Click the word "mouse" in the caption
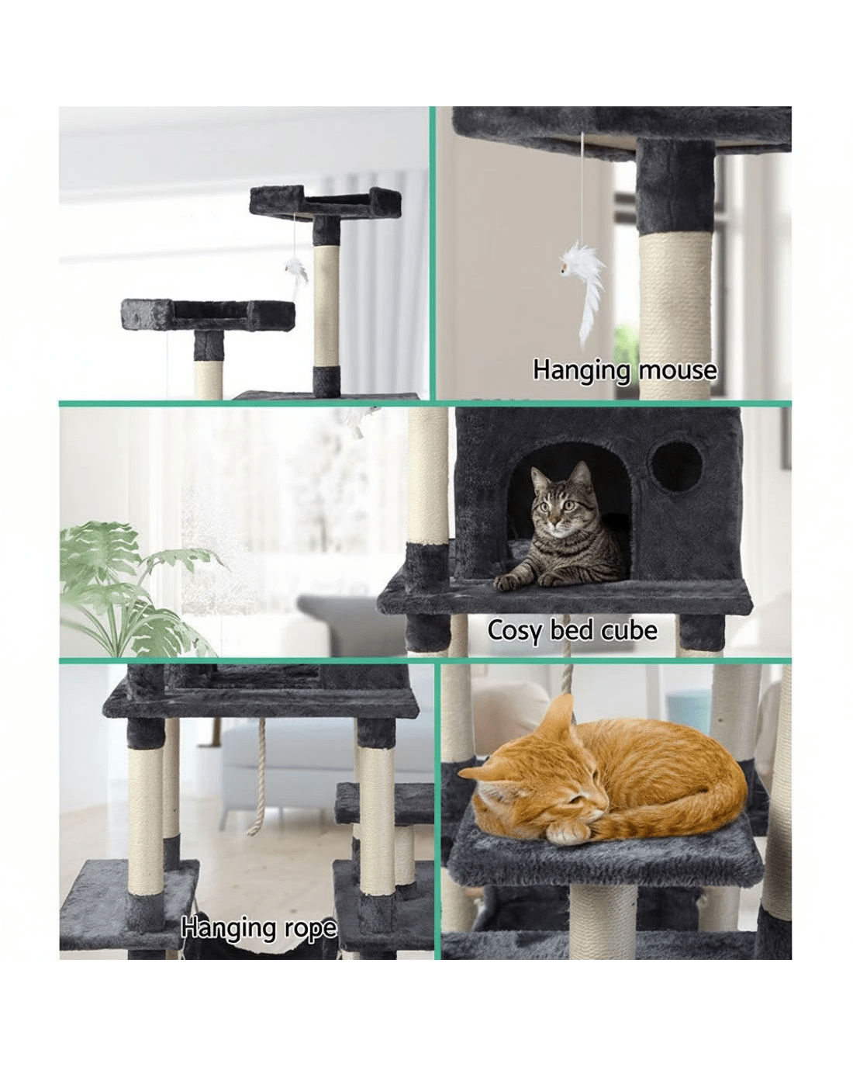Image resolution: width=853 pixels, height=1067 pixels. [x=678, y=371]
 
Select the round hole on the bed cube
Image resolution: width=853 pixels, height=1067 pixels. [x=676, y=466]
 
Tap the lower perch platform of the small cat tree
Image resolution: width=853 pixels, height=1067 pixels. [x=208, y=314]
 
